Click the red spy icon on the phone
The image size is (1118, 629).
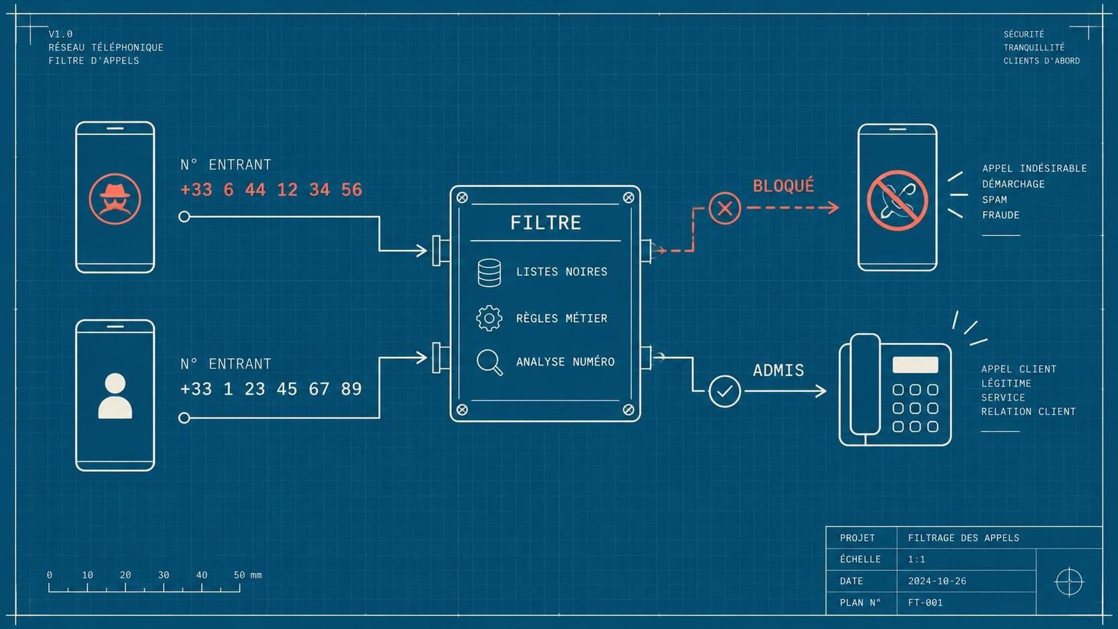[115, 199]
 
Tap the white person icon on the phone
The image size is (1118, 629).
[115, 396]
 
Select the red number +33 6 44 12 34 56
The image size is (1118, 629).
[271, 190]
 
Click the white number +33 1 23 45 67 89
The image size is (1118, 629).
[271, 388]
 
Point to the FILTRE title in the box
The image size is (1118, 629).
[546, 223]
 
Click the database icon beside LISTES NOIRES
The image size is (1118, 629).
[489, 273]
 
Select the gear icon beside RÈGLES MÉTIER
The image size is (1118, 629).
[489, 318]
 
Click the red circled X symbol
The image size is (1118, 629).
[725, 208]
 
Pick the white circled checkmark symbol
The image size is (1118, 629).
[725, 391]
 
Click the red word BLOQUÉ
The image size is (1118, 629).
[784, 186]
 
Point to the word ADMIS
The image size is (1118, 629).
[778, 370]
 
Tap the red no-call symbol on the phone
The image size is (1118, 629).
[897, 201]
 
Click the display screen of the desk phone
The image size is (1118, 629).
[915, 364]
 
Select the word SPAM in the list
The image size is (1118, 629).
[994, 200]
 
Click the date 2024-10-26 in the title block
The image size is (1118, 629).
[937, 581]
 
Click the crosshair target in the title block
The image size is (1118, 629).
[1069, 582]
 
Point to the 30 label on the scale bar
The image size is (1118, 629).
[163, 575]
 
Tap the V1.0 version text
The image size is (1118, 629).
[60, 34]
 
